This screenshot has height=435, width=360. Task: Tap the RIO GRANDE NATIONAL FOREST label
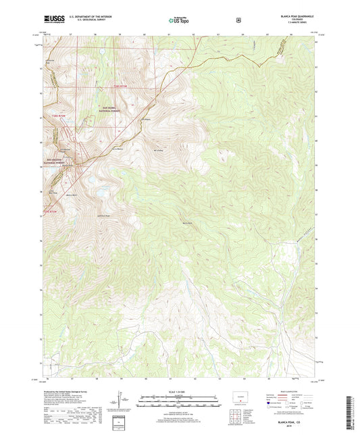pyautogui.click(x=53, y=160)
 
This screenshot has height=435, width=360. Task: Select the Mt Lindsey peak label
pyautogui.click(x=159, y=150)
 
